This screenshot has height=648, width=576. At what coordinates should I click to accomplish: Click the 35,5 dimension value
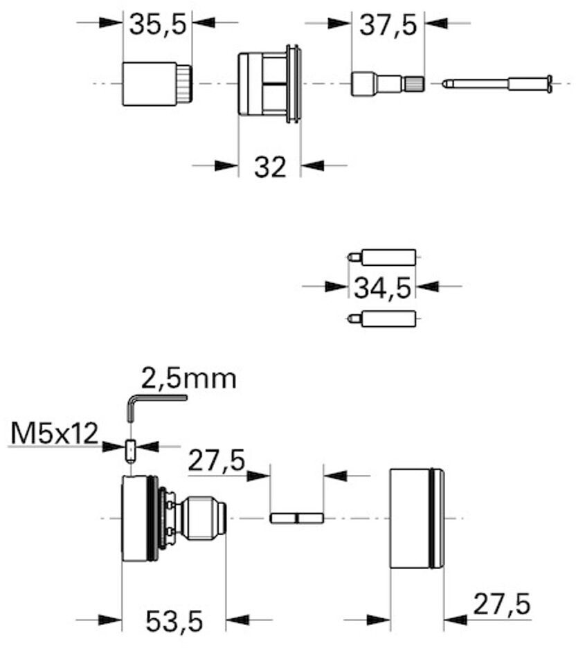[x=158, y=24]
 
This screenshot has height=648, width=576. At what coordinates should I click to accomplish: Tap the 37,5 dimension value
[x=388, y=25]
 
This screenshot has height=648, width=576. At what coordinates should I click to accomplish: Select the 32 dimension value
[x=270, y=167]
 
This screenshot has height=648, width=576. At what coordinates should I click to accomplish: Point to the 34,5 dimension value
[x=382, y=287]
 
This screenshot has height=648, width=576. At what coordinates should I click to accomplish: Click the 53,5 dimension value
[x=174, y=621]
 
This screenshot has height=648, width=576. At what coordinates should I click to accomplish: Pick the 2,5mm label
[x=189, y=378]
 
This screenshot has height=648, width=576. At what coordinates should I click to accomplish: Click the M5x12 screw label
[x=55, y=433]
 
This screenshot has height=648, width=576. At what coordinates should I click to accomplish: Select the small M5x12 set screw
[x=131, y=451]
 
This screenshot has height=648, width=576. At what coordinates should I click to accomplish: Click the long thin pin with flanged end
[x=497, y=84]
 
